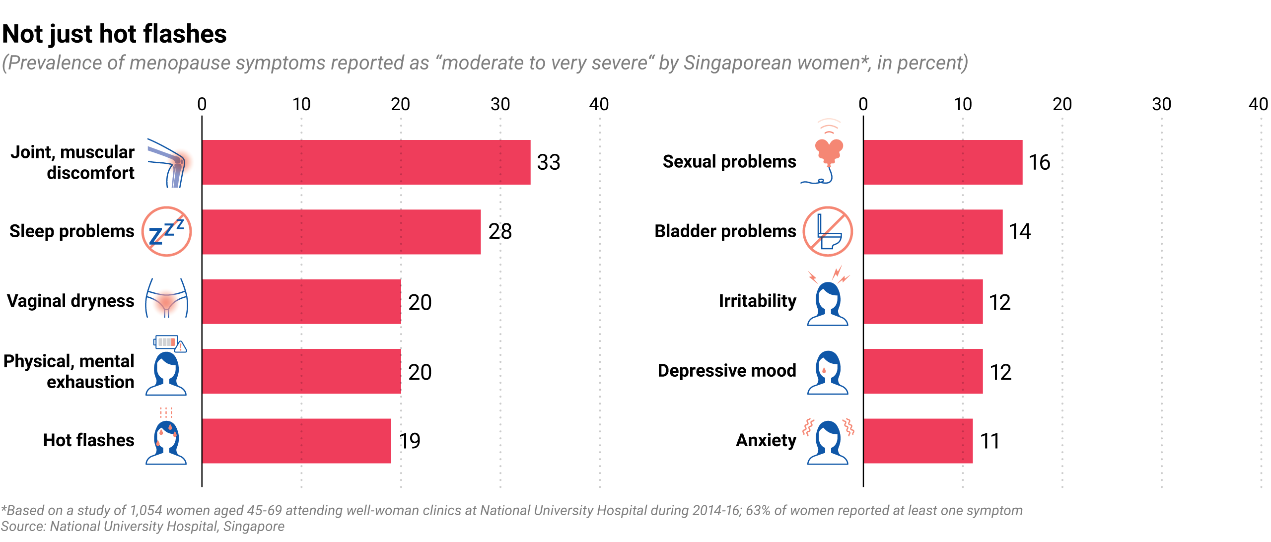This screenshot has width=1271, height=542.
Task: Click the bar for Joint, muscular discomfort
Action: point(366,162)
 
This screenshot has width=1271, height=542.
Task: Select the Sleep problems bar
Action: point(341,232)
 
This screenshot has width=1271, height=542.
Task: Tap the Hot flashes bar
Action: point(296,441)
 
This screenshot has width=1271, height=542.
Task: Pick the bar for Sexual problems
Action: point(943,162)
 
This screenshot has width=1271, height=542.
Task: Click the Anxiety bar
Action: point(918,441)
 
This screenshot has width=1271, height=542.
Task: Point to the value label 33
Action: point(549,162)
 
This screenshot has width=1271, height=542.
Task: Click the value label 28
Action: point(500,231)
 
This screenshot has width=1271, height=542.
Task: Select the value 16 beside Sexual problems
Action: point(1039,162)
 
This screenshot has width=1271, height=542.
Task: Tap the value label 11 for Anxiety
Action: point(989,441)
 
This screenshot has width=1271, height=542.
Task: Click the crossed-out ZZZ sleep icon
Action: point(167,231)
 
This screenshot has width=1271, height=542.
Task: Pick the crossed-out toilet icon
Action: point(828,231)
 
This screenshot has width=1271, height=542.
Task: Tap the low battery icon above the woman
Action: point(166,342)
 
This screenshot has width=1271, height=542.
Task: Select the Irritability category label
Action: point(757,301)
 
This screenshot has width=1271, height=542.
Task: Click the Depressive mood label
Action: point(727,371)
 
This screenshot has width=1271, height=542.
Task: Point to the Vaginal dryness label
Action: point(71,301)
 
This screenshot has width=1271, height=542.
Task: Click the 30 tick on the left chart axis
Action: point(500,104)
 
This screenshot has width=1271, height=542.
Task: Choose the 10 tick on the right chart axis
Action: point(963,104)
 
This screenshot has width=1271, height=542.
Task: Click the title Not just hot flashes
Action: point(115,34)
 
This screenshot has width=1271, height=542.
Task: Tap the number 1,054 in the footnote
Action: point(146,511)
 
